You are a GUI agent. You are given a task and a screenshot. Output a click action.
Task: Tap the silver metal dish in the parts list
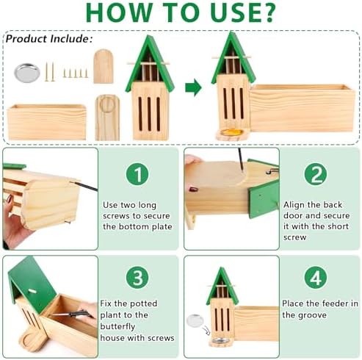27,73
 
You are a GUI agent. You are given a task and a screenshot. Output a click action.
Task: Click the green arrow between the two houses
193,87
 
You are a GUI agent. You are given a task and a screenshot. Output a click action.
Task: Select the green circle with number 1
137,174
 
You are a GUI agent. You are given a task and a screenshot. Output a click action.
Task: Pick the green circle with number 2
316,174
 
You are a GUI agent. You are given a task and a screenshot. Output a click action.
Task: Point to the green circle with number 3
137,278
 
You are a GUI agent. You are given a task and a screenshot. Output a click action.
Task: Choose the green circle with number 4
316,278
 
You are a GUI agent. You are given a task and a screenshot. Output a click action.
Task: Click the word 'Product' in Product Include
26,39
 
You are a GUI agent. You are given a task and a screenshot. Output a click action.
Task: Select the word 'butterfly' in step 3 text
117,327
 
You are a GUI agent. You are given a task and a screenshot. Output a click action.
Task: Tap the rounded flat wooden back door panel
104,66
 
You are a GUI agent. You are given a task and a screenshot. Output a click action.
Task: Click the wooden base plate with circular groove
107,118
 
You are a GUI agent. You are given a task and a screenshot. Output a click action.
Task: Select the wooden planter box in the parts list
47,122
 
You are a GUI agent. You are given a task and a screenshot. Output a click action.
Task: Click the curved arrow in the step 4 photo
206,331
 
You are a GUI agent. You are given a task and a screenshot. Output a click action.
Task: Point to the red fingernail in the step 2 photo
193,190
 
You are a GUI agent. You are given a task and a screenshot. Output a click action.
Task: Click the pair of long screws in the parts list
49,72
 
